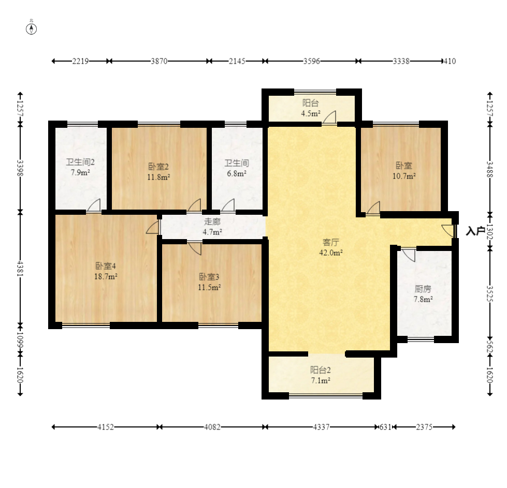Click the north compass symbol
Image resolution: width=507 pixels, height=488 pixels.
pyautogui.click(x=32, y=29)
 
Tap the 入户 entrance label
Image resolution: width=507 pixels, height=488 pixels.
pyautogui.click(x=475, y=231)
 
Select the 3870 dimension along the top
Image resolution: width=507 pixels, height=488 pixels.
pyautogui.click(x=159, y=61)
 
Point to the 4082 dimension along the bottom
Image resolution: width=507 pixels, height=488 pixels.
pyautogui.click(x=212, y=427)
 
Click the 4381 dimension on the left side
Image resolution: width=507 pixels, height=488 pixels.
pyautogui.click(x=20, y=268)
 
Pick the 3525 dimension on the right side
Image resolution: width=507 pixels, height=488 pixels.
pyautogui.click(x=490, y=293)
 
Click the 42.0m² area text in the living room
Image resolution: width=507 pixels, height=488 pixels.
pyautogui.click(x=331, y=253)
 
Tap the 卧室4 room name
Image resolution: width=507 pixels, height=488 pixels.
pyautogui.click(x=106, y=266)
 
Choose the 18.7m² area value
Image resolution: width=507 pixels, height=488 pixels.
pyautogui.click(x=106, y=277)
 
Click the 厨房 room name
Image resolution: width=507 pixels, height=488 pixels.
pyautogui.click(x=423, y=289)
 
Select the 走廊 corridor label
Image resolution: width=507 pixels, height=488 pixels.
pyautogui.click(x=212, y=221)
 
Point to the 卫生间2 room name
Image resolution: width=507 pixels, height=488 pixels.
pyautogui.click(x=80, y=162)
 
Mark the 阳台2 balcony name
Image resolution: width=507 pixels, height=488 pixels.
pyautogui.click(x=321, y=369)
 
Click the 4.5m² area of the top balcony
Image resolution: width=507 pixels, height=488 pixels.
pyautogui.click(x=311, y=113)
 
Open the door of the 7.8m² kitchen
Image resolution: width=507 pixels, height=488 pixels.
pyautogui.click(x=409, y=255)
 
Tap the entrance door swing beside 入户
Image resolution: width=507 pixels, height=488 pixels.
pyautogui.click(x=448, y=231)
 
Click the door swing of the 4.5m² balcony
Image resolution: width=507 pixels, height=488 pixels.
pyautogui.click(x=329, y=117)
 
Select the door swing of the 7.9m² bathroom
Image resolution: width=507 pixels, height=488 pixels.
pyautogui.click(x=94, y=205)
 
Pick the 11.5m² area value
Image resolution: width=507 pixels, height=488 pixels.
pyautogui.click(x=210, y=287)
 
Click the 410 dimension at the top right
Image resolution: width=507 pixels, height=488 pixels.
pyautogui.click(x=450, y=61)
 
